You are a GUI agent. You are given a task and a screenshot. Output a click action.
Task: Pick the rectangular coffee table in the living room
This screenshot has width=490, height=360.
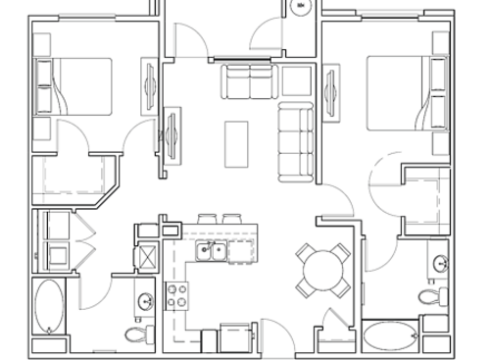pos(236,143)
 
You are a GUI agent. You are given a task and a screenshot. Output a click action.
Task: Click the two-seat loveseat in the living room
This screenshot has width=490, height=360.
pos(249,82)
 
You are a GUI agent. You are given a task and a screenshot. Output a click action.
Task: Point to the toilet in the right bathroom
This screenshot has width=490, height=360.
pos(430,295)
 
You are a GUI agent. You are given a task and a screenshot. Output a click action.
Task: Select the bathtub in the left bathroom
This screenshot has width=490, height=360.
pos(48,309)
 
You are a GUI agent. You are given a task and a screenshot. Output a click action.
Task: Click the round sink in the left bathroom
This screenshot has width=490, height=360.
pos(145,300)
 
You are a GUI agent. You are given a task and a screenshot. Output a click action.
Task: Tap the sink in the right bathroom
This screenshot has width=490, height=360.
pos(441,263)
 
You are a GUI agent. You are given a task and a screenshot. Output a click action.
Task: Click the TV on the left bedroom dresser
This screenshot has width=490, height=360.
pos(149,82)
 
